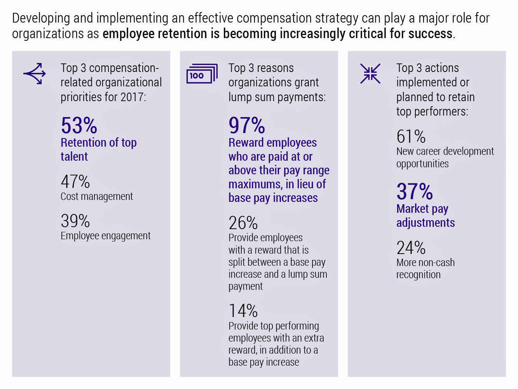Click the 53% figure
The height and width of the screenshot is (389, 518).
(79, 126)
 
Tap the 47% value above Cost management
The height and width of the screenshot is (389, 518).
(75, 182)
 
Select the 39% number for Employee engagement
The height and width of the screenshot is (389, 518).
(75, 221)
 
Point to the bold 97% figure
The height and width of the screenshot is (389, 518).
(247, 126)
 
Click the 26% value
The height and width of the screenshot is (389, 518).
(243, 223)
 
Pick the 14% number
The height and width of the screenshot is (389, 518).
(243, 311)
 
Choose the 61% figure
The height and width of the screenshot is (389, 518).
(411, 137)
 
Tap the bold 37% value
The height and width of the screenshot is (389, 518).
(415, 191)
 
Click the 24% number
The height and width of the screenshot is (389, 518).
(411, 248)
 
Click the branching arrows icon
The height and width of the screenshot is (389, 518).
(35, 73)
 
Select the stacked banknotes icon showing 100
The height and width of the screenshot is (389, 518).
(202, 74)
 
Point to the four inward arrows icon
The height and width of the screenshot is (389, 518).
(370, 74)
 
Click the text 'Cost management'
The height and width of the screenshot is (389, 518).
(97, 196)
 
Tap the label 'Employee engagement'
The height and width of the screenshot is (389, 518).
(105, 236)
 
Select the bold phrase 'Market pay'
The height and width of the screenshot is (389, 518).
(422, 209)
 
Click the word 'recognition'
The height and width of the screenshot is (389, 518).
(418, 275)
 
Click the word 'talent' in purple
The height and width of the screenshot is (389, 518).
(74, 156)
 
